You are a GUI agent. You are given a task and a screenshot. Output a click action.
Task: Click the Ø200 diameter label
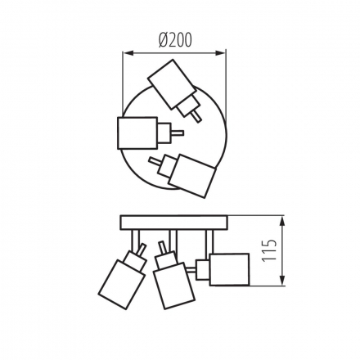tap(173, 38)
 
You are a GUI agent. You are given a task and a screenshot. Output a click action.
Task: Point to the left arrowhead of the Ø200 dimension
tap(125, 52)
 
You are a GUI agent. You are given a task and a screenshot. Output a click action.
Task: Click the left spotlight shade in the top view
tap(136, 133)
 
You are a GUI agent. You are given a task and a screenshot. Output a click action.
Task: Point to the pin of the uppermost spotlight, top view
tap(195, 117)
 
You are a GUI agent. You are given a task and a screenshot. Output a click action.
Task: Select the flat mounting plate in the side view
tap(173, 223)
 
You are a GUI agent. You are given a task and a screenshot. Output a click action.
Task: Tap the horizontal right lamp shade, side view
tap(230, 268)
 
